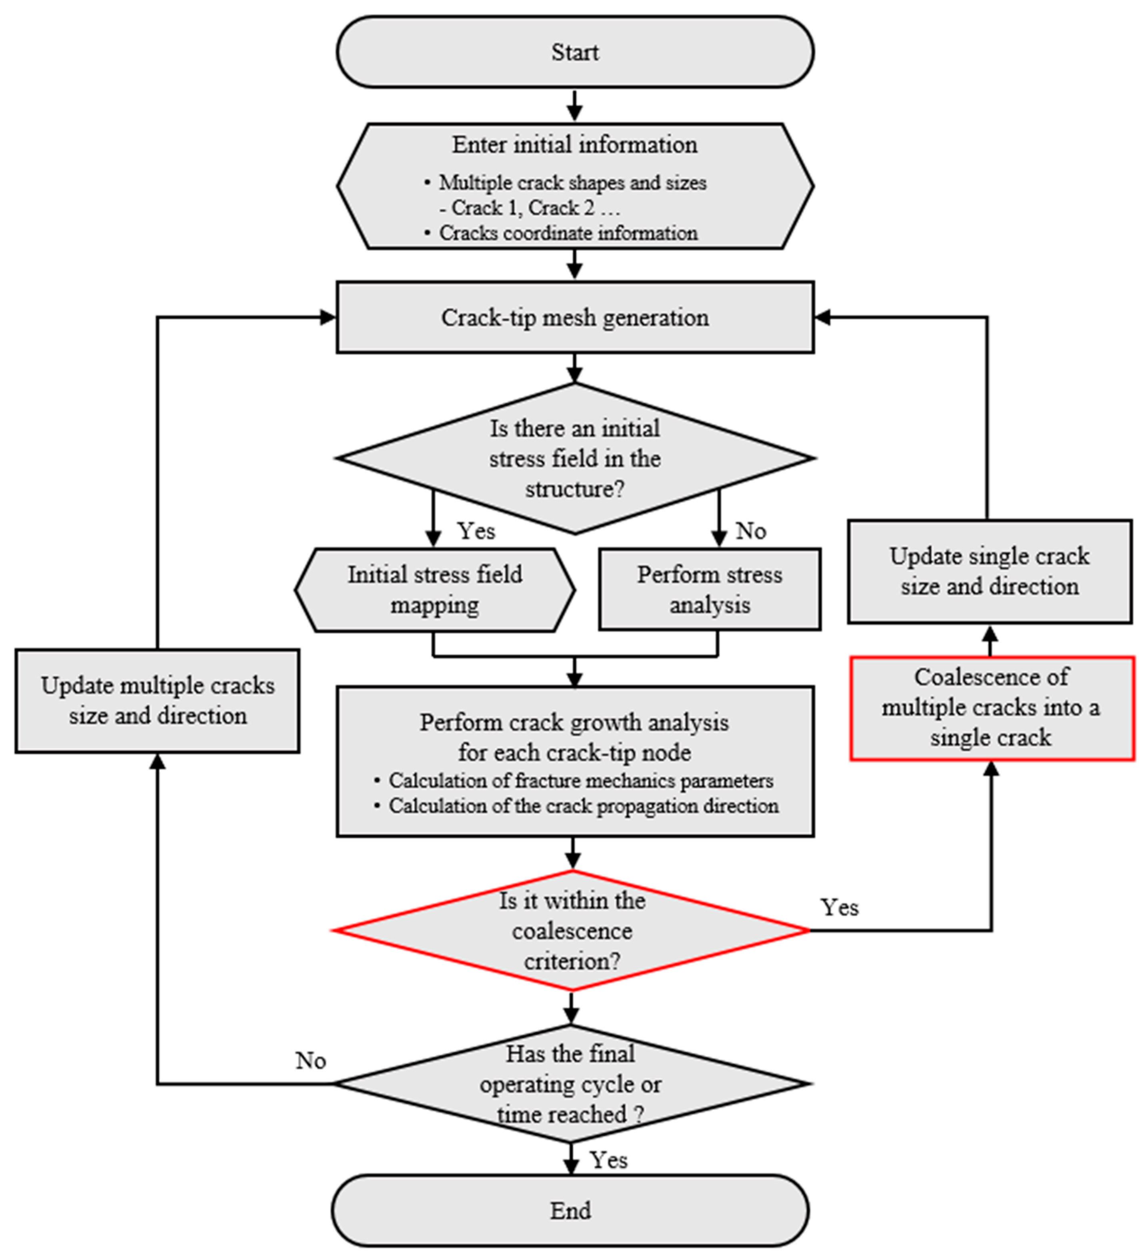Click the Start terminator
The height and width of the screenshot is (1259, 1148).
coord(575,52)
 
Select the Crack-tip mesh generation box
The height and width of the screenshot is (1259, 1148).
coord(575,317)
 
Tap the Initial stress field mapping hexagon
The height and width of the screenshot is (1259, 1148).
coord(435,590)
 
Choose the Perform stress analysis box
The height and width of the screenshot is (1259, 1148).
coord(710,590)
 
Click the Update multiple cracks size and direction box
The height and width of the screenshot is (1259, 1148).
coord(157,701)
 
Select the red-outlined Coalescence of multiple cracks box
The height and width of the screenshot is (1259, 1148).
coord(992,707)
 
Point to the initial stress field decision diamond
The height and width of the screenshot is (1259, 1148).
coord(575,458)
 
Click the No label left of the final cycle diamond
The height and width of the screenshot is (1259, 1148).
coord(310,1060)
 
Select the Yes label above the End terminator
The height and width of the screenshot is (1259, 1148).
coord(608,1160)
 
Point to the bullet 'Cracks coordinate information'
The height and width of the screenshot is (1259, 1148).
coord(567,233)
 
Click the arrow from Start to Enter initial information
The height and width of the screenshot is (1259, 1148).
coord(575,105)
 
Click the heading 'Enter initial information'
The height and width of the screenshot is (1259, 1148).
coord(575,144)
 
